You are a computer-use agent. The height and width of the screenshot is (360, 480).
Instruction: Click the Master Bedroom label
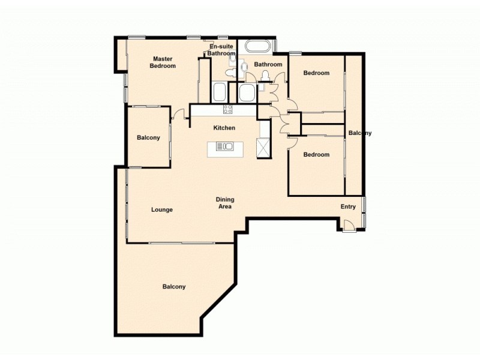click(x=163, y=62)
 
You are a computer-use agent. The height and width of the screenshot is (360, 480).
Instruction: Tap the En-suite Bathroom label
click(x=222, y=50)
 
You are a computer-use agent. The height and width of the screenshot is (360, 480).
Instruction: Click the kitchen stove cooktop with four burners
click(x=228, y=109)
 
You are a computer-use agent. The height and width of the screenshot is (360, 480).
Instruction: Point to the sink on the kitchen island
click(x=224, y=146)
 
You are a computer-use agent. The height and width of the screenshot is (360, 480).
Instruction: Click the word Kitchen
click(x=224, y=128)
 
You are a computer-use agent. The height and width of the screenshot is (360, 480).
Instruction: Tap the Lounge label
click(x=162, y=210)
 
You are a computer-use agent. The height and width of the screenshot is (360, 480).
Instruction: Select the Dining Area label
click(x=225, y=203)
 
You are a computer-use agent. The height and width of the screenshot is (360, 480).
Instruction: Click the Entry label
click(x=349, y=206)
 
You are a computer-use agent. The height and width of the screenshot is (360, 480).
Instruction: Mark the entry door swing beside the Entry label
click(x=347, y=226)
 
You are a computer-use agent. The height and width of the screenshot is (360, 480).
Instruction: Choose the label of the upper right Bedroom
click(x=316, y=73)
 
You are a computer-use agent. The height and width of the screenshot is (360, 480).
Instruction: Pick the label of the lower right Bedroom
click(x=316, y=155)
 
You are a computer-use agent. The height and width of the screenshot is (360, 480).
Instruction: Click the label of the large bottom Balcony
click(x=174, y=287)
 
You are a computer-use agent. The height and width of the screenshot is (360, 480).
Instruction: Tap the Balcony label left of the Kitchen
click(x=148, y=138)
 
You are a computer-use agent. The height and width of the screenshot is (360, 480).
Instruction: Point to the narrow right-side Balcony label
click(x=360, y=133)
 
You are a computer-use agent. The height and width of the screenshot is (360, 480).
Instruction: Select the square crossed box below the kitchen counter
click(x=263, y=147)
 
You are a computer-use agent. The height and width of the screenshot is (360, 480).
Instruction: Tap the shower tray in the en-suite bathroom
click(x=220, y=92)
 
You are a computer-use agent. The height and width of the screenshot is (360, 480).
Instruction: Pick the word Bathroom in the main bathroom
click(x=268, y=64)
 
